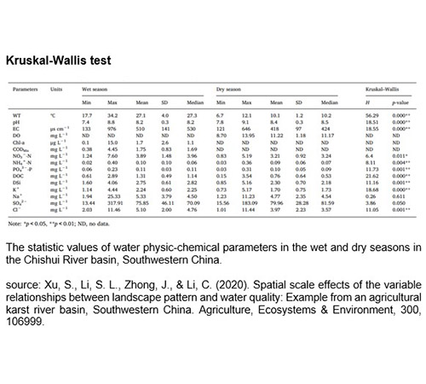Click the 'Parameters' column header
tap(26, 88)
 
